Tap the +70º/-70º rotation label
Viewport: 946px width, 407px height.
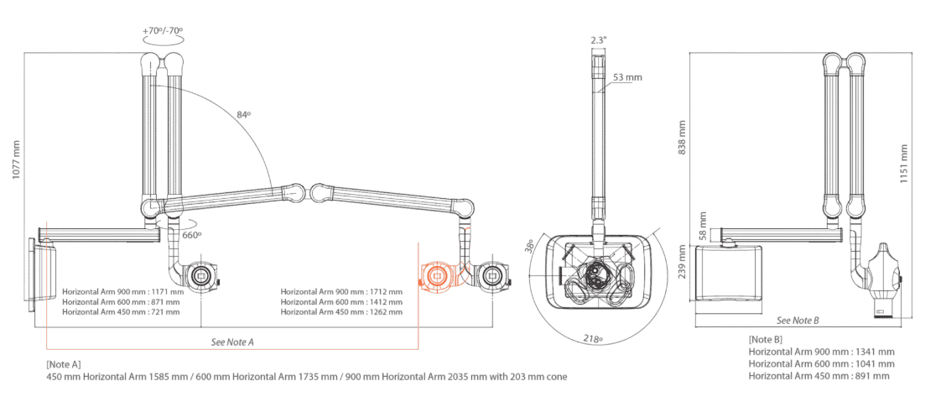(x=163, y=30)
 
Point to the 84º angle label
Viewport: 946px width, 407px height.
(x=244, y=114)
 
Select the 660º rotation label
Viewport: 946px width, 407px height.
(x=192, y=235)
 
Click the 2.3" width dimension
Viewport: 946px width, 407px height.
(x=598, y=39)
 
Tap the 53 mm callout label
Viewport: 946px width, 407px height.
(x=627, y=77)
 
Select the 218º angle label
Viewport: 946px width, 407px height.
(x=594, y=340)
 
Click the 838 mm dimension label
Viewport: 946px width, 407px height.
(x=683, y=137)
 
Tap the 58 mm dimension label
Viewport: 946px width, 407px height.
(x=705, y=224)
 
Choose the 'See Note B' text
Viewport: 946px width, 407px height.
(x=798, y=321)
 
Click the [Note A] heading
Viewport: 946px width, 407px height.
(x=64, y=364)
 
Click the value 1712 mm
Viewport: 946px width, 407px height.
(x=385, y=291)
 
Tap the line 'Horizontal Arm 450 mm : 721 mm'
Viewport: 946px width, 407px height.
(x=121, y=312)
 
